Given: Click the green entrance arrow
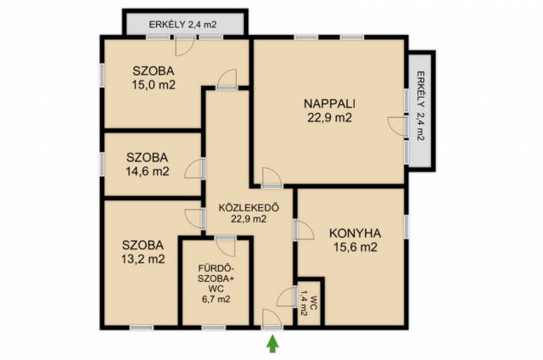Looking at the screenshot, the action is [x=272, y=343].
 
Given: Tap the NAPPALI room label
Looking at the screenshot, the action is [x=329, y=104].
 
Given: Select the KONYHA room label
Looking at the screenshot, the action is [x=355, y=233].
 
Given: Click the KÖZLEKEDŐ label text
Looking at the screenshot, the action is [x=249, y=207].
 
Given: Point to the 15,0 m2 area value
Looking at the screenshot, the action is [x=154, y=85].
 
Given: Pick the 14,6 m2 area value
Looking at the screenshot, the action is [x=148, y=172].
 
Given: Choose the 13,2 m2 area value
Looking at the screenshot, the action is [x=143, y=259].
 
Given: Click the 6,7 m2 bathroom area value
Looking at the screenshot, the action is [x=216, y=299].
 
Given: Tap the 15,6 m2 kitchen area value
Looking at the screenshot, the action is [x=355, y=247].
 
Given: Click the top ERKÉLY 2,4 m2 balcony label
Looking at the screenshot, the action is [x=182, y=25].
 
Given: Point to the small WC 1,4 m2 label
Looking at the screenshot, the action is [x=309, y=304].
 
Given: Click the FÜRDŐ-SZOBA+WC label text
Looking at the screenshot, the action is [x=216, y=278].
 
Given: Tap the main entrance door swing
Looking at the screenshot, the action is [x=272, y=318].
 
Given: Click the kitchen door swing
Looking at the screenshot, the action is [x=305, y=230].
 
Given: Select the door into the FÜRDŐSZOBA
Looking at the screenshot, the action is [x=225, y=247].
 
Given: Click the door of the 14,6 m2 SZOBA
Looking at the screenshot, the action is [x=194, y=169].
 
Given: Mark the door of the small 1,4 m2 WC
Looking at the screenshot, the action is [x=286, y=297].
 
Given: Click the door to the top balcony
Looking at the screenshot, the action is [x=186, y=46].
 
